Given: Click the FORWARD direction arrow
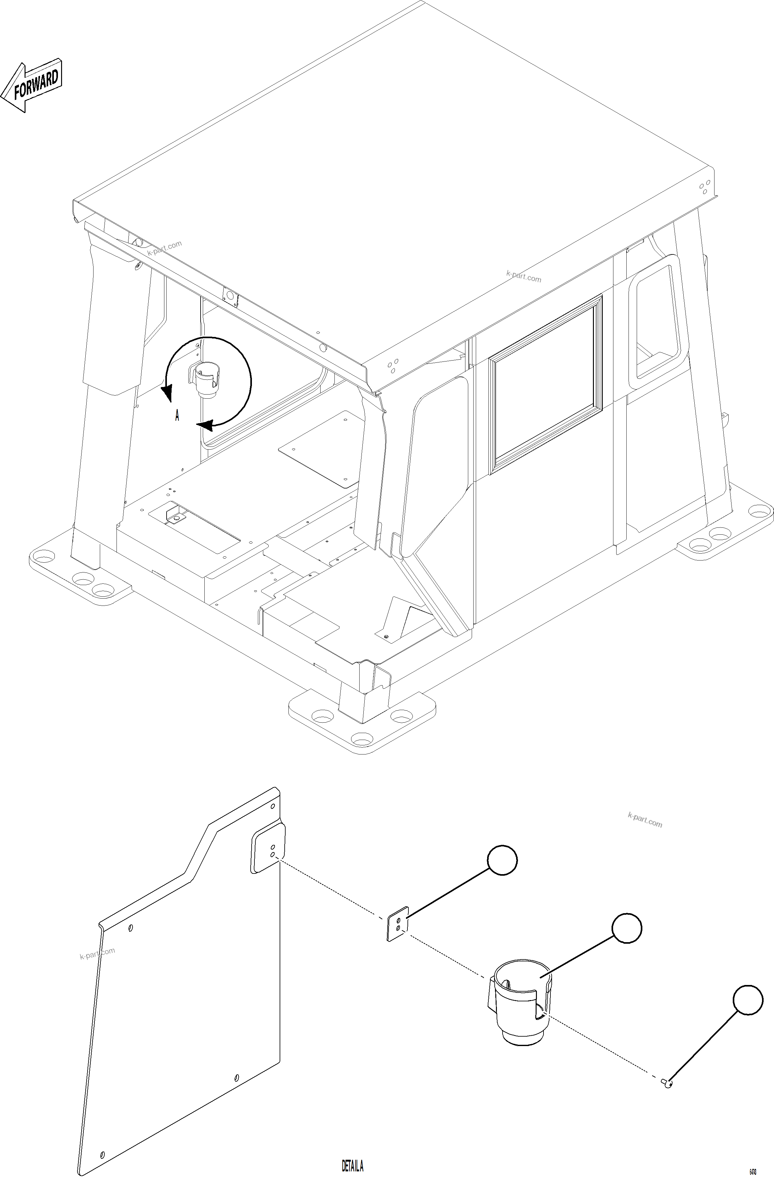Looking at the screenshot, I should [x=32, y=85].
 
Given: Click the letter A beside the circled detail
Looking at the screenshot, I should [x=177, y=416].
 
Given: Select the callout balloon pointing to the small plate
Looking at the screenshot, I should [x=502, y=860].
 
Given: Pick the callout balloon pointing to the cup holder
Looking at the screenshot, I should [x=627, y=928].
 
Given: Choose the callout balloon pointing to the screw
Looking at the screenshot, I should [x=748, y=1000].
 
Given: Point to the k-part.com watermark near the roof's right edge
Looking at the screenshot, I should [x=524, y=276].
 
